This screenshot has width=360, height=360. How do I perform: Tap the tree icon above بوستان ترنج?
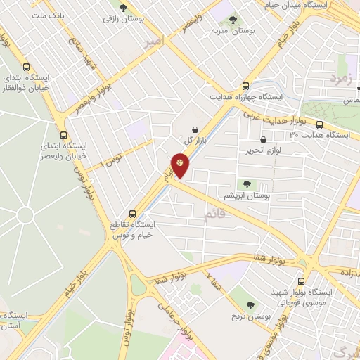point(251,304)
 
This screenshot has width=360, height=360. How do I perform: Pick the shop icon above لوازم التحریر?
point(263,139)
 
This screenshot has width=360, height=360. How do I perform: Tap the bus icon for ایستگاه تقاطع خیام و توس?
point(132,214)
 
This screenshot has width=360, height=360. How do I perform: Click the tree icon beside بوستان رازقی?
point(124,8)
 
